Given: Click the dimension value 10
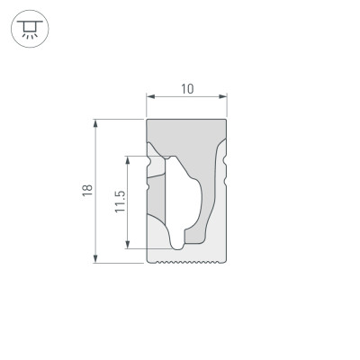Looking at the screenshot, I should [186, 88].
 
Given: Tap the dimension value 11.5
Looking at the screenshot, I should [119, 204].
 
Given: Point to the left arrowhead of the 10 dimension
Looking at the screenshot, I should [150, 96].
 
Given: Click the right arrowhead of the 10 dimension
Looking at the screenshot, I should [222, 96].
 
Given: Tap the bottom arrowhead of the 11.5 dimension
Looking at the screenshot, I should [129, 245].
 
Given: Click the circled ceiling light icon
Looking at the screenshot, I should [29, 30].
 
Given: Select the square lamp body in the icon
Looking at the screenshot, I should [29, 28].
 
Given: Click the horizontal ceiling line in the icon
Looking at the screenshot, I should [29, 22].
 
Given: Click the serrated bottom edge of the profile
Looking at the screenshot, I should [186, 263].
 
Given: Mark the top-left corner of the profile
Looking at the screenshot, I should [148, 120].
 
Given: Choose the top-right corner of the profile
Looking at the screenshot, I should [226, 120].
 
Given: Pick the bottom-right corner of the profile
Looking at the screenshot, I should [225, 262].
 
